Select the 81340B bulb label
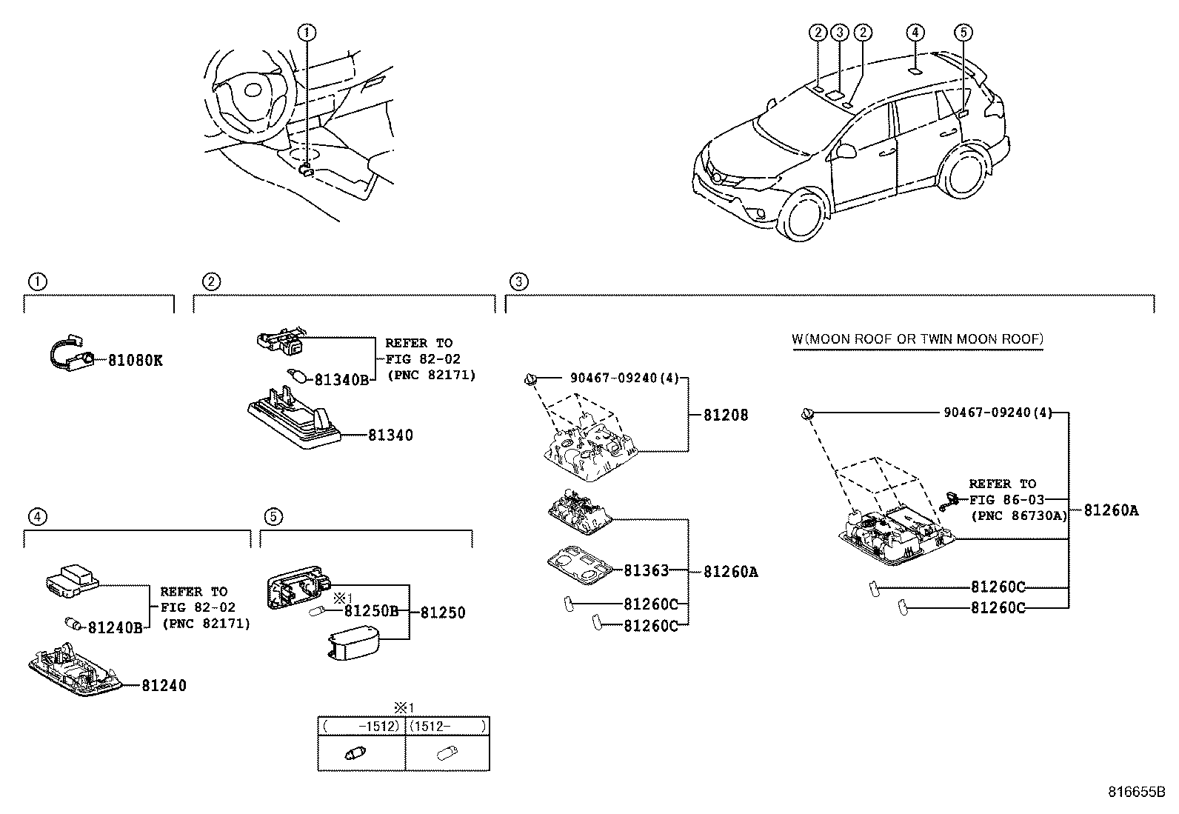[x=341, y=380]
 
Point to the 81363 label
[x=646, y=570]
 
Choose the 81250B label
[x=371, y=612]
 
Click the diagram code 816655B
[x=1136, y=791]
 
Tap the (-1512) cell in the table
[x=362, y=727]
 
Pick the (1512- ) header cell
[x=448, y=727]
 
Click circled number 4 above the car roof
[x=915, y=32]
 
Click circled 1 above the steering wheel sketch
[x=307, y=32]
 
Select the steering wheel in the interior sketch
[x=244, y=93]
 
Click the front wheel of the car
[x=804, y=215]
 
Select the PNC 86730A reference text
[x=1018, y=516]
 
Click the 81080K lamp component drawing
[x=70, y=356]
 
